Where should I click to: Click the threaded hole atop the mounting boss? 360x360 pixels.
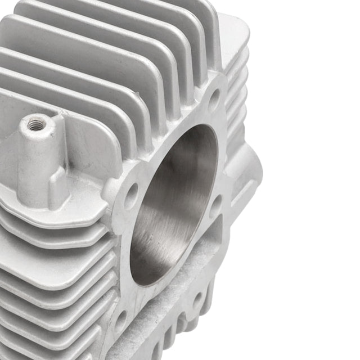(37, 125)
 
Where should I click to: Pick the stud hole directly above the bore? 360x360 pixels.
(214, 100)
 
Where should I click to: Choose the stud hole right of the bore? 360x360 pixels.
(215, 207)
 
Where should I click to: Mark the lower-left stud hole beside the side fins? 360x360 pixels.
(120, 321)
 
